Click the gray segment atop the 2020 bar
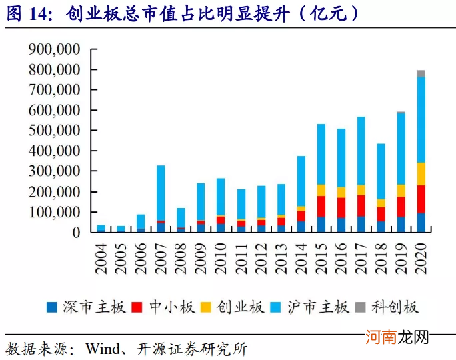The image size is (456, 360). (x=421, y=73)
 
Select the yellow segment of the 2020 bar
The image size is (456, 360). (x=421, y=173)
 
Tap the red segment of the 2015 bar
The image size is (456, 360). (x=321, y=206)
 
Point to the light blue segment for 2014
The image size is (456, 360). (x=301, y=181)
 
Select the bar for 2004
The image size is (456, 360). (x=101, y=229)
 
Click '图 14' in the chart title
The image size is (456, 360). (x=31, y=13)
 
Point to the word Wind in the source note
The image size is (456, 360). (x=101, y=349)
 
